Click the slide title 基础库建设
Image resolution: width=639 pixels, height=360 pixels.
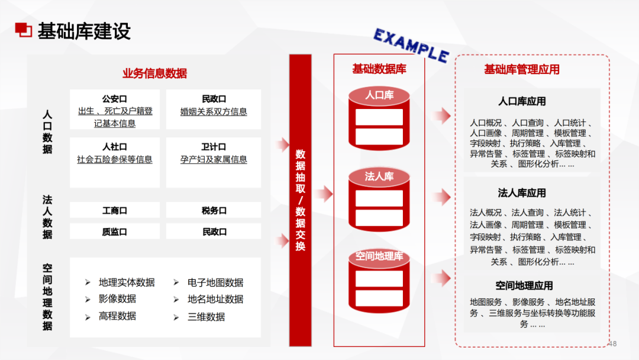[84, 31]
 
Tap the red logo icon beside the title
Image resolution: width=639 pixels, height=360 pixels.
[23, 30]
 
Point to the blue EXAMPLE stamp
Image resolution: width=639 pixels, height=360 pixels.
[411, 45]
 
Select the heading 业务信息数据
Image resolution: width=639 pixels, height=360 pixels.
[154, 73]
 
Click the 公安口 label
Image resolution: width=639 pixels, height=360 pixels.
[114, 99]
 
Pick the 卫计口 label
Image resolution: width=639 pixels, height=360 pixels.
[214, 147]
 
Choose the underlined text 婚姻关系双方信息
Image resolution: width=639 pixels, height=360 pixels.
[214, 111]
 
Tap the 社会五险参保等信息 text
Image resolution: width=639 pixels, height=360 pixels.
[114, 159]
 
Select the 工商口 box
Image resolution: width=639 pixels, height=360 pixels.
[114, 210]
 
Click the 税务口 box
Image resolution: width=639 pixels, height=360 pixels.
[214, 210]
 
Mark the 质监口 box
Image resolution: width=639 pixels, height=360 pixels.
[114, 232]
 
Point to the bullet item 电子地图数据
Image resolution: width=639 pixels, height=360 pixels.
[215, 282]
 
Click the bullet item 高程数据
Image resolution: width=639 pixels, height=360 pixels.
[117, 316]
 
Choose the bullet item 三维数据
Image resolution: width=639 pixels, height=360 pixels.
[206, 316]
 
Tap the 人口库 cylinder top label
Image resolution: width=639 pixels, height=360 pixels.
[379, 95]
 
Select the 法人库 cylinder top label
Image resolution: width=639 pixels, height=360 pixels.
[379, 176]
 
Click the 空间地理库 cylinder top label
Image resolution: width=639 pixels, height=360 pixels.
[379, 256]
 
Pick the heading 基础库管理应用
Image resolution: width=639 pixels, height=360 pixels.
[521, 69]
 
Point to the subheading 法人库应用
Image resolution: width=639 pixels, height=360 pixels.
[521, 193]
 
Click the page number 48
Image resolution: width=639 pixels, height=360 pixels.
[612, 343]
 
